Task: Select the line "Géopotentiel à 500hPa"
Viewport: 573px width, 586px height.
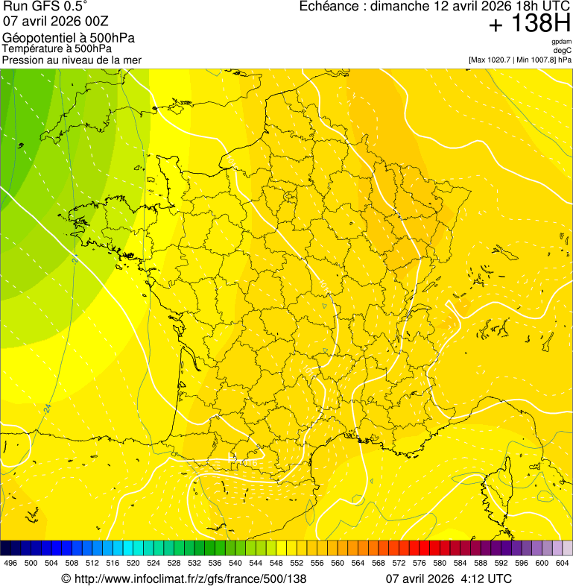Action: click(69, 38)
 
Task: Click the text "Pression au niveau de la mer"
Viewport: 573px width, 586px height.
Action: click(72, 60)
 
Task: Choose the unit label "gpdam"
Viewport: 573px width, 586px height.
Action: click(561, 42)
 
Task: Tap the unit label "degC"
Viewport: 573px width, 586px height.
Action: click(562, 50)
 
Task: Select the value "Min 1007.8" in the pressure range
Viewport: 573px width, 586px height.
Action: click(535, 60)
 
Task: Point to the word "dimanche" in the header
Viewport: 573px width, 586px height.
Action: click(402, 7)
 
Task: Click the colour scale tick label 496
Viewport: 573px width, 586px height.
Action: click(10, 563)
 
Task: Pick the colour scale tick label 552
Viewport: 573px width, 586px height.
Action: click(297, 563)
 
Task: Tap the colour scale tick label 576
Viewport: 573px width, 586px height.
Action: click(420, 563)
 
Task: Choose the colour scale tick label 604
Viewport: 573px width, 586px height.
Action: click(563, 563)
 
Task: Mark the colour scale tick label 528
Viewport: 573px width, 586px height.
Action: click(174, 563)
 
